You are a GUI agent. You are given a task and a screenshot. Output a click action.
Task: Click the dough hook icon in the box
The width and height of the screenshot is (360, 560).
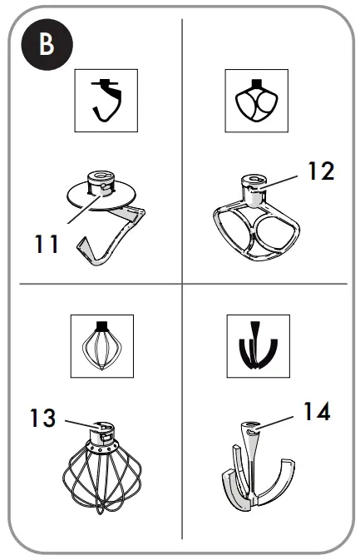103,103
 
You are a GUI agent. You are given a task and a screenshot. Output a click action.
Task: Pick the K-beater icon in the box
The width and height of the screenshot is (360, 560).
254,103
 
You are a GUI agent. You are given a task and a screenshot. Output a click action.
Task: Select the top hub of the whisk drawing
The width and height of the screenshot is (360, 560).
103,431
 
